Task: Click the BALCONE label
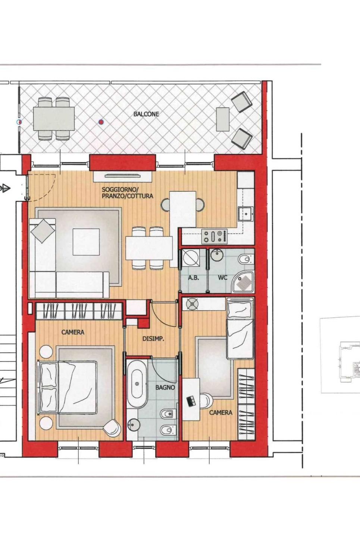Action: [146, 114]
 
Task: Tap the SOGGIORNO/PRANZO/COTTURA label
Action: [127, 192]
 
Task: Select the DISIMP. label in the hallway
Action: [153, 339]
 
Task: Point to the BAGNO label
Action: [165, 387]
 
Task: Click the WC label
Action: [223, 277]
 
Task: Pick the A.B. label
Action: [193, 278]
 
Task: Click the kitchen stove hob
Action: [215, 236]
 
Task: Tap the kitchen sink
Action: [246, 214]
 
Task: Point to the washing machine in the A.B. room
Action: [191, 258]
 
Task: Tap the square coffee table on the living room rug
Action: [86, 242]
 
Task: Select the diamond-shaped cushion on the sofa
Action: [43, 231]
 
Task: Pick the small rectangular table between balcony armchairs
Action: [223, 119]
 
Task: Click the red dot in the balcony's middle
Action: [101, 122]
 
